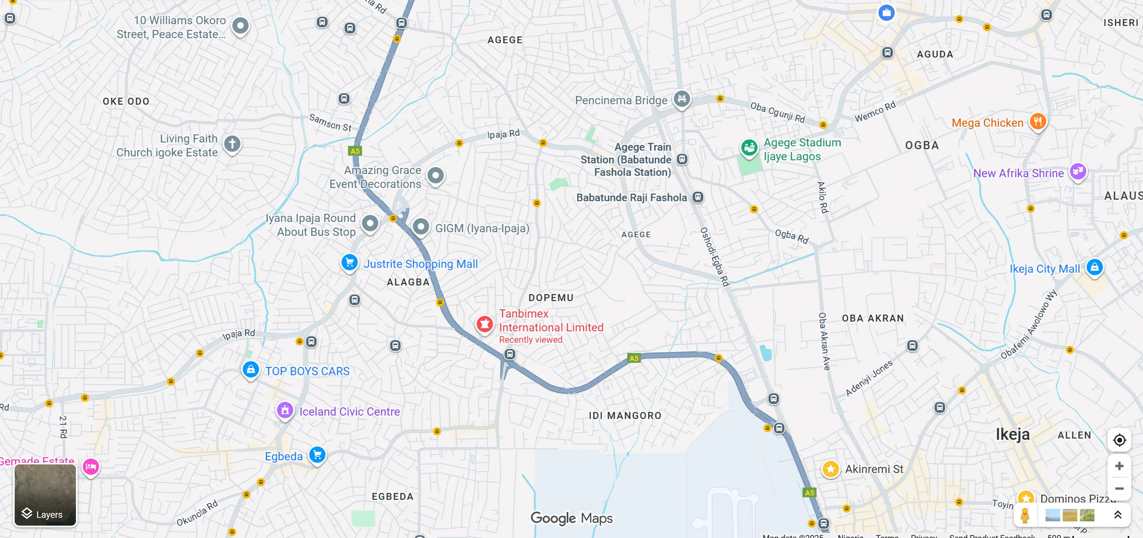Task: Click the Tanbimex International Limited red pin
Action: pyautogui.click(x=485, y=324)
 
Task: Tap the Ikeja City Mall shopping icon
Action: pyautogui.click(x=1094, y=267)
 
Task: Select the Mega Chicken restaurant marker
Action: pyautogui.click(x=1037, y=121)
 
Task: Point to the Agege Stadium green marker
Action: pyautogui.click(x=749, y=147)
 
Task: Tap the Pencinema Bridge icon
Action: pyautogui.click(x=681, y=98)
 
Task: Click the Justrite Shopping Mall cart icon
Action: pyautogui.click(x=349, y=262)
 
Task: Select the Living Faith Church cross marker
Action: pyautogui.click(x=232, y=144)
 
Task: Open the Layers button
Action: pyautogui.click(x=45, y=495)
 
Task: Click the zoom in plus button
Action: pyautogui.click(x=1119, y=466)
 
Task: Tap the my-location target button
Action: pyautogui.click(x=1119, y=440)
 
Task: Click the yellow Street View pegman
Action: pyautogui.click(x=1024, y=516)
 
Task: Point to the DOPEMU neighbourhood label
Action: pyautogui.click(x=550, y=298)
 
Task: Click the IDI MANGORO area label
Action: pyautogui.click(x=625, y=416)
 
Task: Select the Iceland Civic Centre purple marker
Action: pyautogui.click(x=285, y=410)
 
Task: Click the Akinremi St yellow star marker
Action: pyautogui.click(x=830, y=469)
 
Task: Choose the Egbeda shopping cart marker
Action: pyautogui.click(x=317, y=455)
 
